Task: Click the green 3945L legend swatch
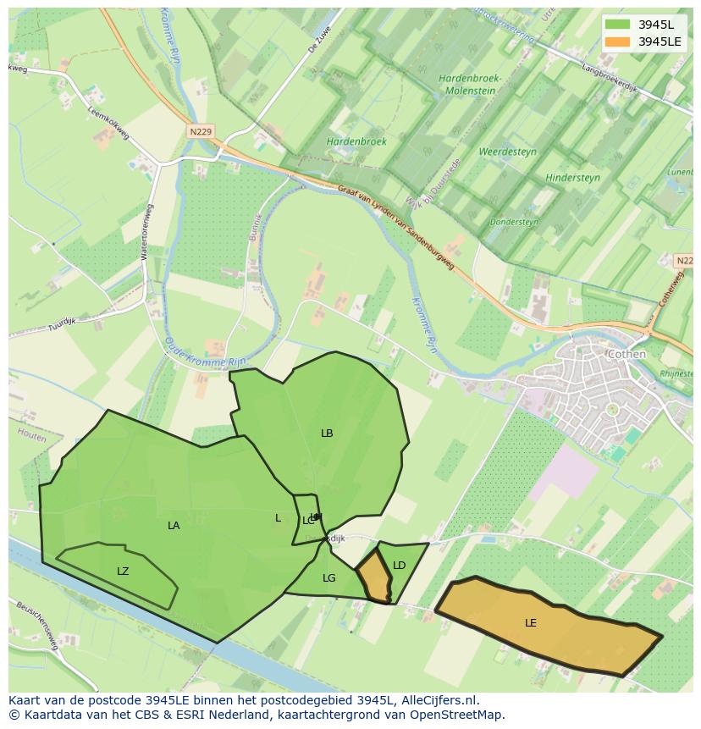pos(617,25)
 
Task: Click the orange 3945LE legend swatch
pos(617,41)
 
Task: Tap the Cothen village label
pos(626,354)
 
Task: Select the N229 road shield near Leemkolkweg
pos(201,131)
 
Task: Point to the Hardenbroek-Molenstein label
pos(471,85)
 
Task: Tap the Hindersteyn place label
pos(572,178)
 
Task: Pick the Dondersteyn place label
pos(514,222)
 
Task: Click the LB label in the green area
pos(327,434)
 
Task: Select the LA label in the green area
pos(174,526)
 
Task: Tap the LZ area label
pos(123,572)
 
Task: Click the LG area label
pos(329,578)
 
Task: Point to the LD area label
pos(400,566)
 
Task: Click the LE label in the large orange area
pos(531,623)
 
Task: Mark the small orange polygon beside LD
pos(374,577)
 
